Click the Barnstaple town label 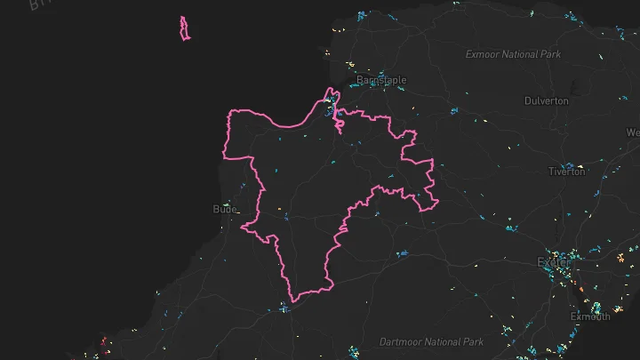381,80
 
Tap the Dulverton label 547,100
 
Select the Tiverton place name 567,171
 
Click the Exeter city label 553,262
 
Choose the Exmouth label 589,316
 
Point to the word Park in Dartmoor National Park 473,341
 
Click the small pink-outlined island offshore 184,28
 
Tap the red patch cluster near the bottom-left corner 103,342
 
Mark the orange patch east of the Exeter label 619,260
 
